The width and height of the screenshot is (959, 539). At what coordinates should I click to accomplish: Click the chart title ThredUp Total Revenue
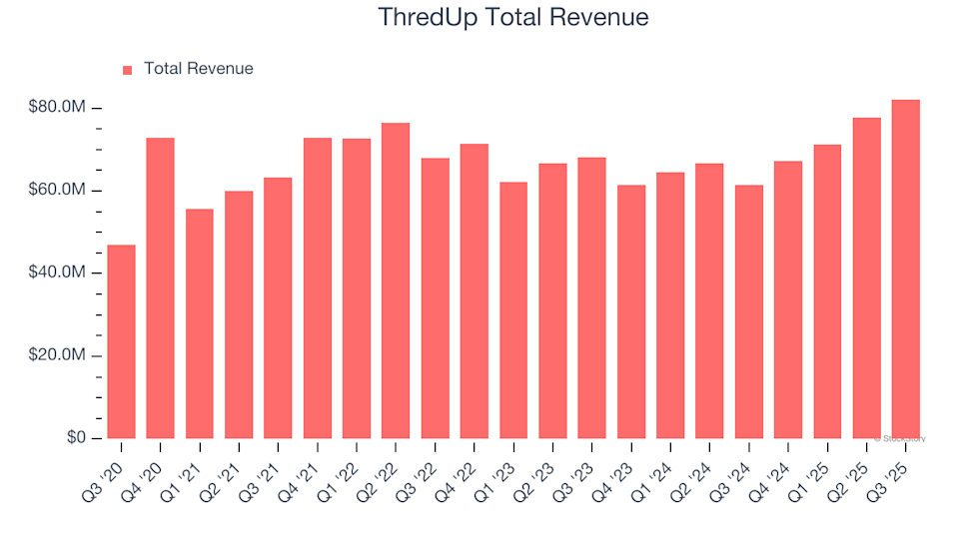pos(513,17)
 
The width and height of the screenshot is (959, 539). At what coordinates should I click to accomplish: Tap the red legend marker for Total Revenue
pos(127,70)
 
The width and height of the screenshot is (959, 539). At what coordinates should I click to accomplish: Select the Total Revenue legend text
pos(198,69)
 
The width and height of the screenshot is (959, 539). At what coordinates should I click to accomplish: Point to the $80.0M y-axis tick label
pos(58,108)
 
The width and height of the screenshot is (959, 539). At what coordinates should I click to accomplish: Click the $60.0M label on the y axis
pos(58,191)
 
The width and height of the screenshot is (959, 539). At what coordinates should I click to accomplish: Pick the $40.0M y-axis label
pos(58,273)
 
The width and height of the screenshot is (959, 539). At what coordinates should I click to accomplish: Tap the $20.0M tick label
pos(58,356)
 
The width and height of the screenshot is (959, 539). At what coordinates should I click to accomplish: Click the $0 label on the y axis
pos(75,438)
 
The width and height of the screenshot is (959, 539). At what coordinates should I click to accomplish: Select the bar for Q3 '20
pos(121,341)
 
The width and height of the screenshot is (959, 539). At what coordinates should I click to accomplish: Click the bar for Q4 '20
pos(160,288)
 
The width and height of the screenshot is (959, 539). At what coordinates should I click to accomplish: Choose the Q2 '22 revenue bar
pos(396,280)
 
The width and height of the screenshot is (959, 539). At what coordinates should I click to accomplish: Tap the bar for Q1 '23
pos(513,310)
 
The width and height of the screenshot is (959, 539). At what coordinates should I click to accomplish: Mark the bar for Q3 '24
pos(749,311)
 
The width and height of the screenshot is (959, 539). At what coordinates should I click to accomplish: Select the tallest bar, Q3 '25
pos(906,269)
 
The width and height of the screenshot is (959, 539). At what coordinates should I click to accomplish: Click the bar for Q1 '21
pos(200,323)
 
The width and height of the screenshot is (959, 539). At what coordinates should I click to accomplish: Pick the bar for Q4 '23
pos(631,311)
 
